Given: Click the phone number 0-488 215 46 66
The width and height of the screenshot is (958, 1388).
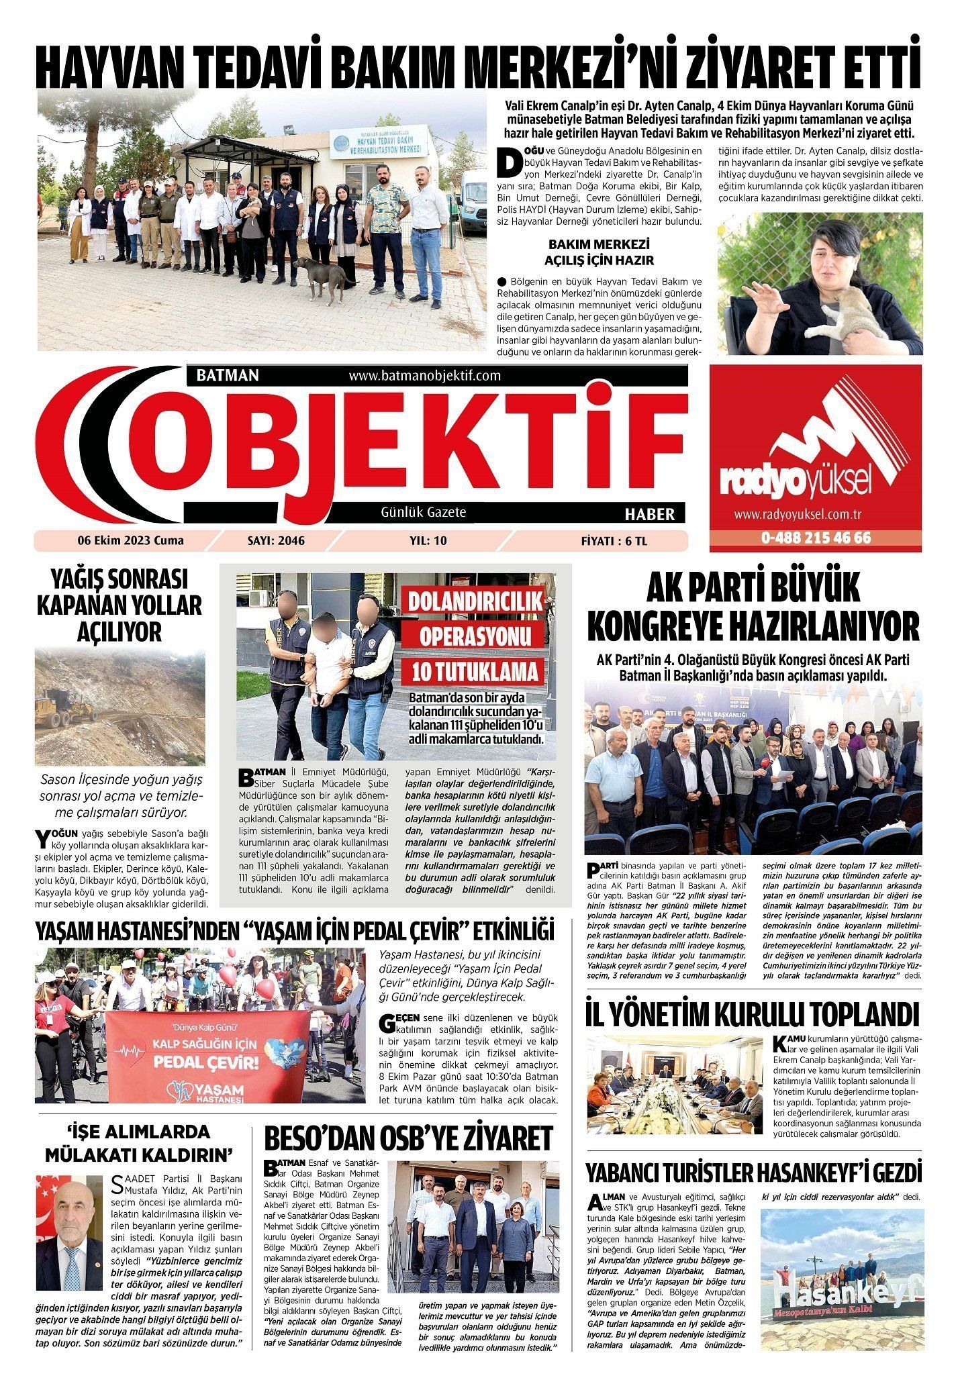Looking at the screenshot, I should click(816, 538).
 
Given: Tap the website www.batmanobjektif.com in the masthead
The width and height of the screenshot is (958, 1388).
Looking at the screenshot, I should click(425, 375).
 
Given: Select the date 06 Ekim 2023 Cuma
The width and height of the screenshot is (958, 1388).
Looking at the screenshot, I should click(130, 540).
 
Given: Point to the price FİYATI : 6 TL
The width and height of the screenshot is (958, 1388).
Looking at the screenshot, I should click(614, 540).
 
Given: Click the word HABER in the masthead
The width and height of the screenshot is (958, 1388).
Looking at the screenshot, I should click(649, 514).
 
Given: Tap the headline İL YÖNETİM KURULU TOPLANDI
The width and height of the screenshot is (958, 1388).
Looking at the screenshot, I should click(752, 1015).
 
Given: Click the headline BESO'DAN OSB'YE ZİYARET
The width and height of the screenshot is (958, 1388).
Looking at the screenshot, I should click(408, 1138).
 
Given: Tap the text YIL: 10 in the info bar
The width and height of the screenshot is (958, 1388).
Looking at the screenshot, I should click(428, 540).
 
